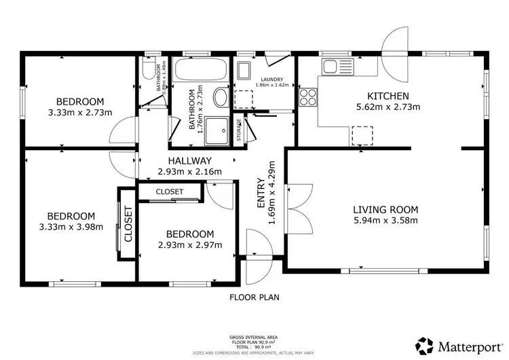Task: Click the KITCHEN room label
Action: point(388,96)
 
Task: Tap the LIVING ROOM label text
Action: point(385,209)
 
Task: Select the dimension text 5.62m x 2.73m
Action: point(388,107)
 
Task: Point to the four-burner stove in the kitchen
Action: point(308,96)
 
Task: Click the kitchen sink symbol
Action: point(331,67)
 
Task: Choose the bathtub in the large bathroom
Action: point(200,69)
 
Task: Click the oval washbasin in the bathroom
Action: point(221,98)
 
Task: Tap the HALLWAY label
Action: point(189,160)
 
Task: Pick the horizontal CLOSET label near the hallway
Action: point(169,192)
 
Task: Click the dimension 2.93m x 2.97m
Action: point(189,245)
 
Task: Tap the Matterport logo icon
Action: point(426,345)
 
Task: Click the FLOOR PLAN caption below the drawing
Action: point(254,297)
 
